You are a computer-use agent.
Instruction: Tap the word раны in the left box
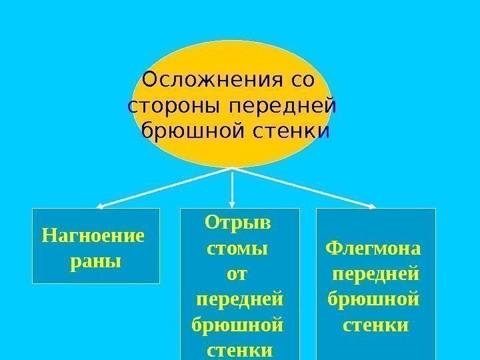click(x=95, y=261)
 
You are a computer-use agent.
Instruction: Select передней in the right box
click(x=376, y=273)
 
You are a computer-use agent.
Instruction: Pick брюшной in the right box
click(x=374, y=299)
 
